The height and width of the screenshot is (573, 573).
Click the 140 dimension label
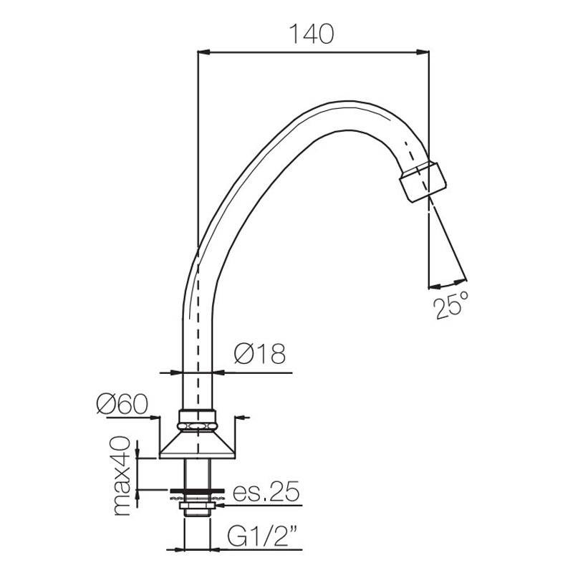tap(312, 34)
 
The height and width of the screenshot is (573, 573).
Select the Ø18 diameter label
tap(259, 354)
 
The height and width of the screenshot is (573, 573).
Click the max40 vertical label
tap(122, 476)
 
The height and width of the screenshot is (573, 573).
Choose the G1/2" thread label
tap(263, 536)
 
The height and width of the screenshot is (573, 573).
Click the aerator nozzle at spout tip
tap(423, 180)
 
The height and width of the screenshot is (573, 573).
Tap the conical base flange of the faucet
tap(198, 445)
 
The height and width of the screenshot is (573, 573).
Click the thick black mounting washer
tap(198, 491)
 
